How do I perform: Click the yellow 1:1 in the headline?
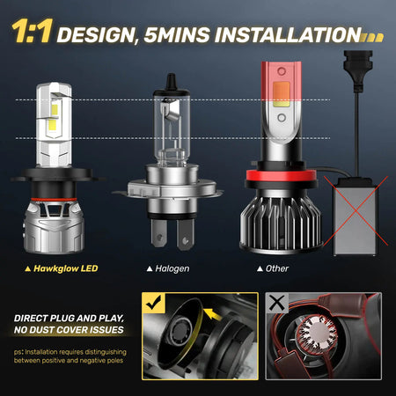pyautogui.click(x=33, y=31)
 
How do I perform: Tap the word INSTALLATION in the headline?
pyautogui.click(x=288, y=34)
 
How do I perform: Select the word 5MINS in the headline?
pyautogui.click(x=177, y=35)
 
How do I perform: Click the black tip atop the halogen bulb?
pyautogui.click(x=171, y=81)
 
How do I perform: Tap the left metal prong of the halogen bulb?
pyautogui.click(x=159, y=233)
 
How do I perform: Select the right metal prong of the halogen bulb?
pyautogui.click(x=185, y=235)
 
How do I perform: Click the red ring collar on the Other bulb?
pyautogui.click(x=281, y=176)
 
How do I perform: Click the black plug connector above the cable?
pyautogui.click(x=358, y=70)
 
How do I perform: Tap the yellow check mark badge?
pyautogui.click(x=154, y=303)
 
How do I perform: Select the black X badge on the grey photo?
pyautogui.click(x=277, y=303)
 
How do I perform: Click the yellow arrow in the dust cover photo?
pyautogui.click(x=212, y=314)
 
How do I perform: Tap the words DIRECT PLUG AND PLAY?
pyautogui.click(x=69, y=319)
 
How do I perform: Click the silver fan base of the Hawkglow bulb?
pyautogui.click(x=54, y=227)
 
